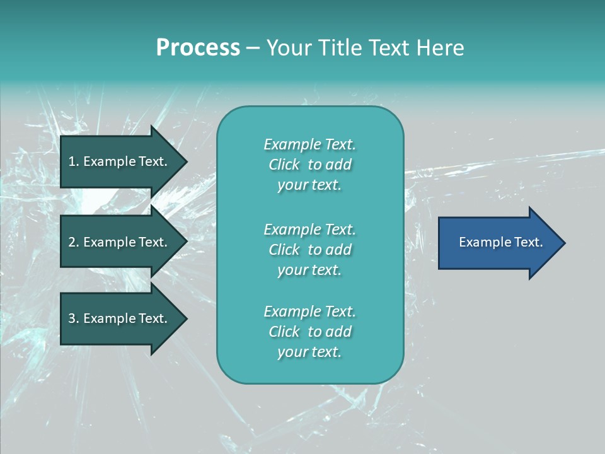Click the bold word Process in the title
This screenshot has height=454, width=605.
198,48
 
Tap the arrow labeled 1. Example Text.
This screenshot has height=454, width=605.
120,161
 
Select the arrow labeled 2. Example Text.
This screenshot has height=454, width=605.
120,242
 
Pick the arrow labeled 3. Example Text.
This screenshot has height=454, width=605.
120,318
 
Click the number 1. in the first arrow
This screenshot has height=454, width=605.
74,161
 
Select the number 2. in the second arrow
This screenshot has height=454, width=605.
74,242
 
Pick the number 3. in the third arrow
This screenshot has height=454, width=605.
74,318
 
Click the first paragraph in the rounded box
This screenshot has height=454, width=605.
309,165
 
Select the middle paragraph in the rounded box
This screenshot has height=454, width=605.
309,250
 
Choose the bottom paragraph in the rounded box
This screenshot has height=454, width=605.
309,332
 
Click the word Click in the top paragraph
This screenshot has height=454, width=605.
284,165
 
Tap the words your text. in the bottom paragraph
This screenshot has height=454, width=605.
309,352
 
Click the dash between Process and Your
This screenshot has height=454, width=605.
253,48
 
